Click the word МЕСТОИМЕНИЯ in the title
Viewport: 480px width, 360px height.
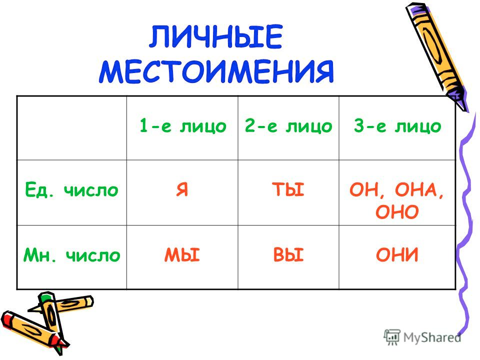[216, 71]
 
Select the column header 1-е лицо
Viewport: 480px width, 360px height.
[183, 126]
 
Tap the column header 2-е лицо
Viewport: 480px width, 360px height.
[288, 126]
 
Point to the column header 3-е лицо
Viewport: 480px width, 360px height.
[397, 126]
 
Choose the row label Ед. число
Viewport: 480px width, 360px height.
[71, 189]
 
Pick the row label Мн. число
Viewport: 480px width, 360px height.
[71, 254]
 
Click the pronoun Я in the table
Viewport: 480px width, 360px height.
[182, 189]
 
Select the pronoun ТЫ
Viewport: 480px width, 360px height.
[288, 189]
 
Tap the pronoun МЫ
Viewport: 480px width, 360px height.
[182, 254]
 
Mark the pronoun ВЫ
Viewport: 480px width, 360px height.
[288, 254]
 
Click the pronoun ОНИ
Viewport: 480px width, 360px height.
[397, 254]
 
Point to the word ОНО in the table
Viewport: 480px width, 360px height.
[397, 211]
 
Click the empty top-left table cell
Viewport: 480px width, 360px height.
[71, 128]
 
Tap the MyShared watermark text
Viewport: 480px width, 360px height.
[432, 337]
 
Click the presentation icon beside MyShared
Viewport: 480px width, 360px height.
[392, 337]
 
